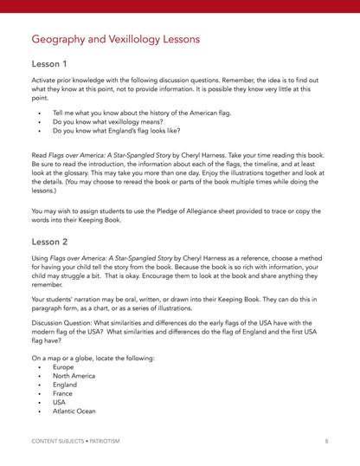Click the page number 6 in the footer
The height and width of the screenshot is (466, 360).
coord(326,441)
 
